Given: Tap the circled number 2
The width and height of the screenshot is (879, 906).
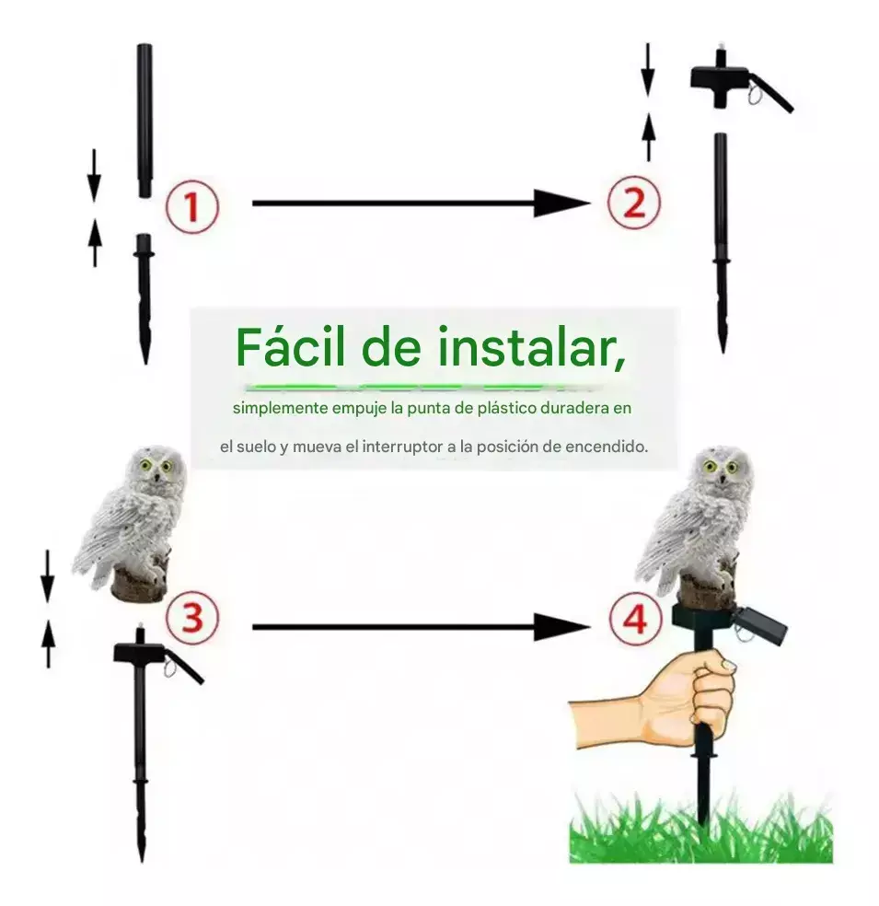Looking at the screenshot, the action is point(633,203).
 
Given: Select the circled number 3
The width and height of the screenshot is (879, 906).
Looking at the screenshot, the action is point(192,617).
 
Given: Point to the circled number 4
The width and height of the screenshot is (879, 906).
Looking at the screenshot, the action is point(635,621).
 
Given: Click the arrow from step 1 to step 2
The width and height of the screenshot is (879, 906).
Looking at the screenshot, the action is point(421,203).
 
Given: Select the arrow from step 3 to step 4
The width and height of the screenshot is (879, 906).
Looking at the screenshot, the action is point(421,627).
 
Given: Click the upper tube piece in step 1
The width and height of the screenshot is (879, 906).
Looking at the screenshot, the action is point(145,121).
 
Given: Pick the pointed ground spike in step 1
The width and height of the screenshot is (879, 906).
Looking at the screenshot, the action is point(144,298).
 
